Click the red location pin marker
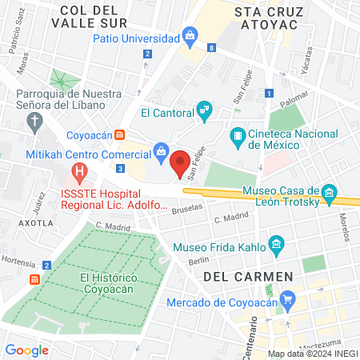coord(180,162)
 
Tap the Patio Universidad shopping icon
coord(190,35)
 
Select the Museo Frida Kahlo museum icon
coord(276,243)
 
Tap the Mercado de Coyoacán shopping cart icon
coord(289,301)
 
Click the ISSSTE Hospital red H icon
coord(79,171)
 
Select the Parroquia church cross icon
coord(34,121)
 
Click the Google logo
coord(26,350)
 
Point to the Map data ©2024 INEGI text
coord(311,354)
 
